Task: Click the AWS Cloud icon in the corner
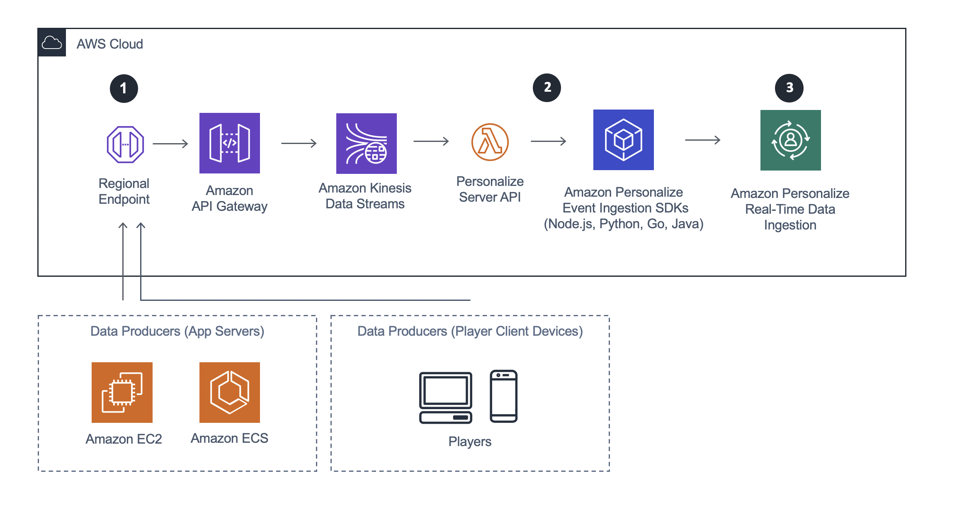(x=52, y=42)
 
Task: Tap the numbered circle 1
(x=124, y=88)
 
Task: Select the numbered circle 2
(x=547, y=88)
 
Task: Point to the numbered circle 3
(x=789, y=88)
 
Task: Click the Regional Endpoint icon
(x=125, y=144)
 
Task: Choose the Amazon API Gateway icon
(x=230, y=143)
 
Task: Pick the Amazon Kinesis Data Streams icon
(x=367, y=144)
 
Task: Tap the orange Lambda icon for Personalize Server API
(x=490, y=142)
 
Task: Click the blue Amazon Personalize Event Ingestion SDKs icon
(x=624, y=140)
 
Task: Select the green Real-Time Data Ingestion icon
(x=791, y=140)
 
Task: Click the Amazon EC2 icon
(x=122, y=393)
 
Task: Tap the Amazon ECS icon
(x=230, y=393)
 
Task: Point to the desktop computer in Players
(x=446, y=398)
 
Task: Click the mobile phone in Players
(x=504, y=396)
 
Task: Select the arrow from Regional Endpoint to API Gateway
(x=170, y=144)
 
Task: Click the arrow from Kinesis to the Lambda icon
(x=431, y=141)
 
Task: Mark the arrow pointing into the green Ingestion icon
(x=703, y=140)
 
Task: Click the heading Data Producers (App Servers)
(x=177, y=331)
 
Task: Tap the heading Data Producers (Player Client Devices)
(x=470, y=331)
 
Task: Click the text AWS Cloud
(x=110, y=44)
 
